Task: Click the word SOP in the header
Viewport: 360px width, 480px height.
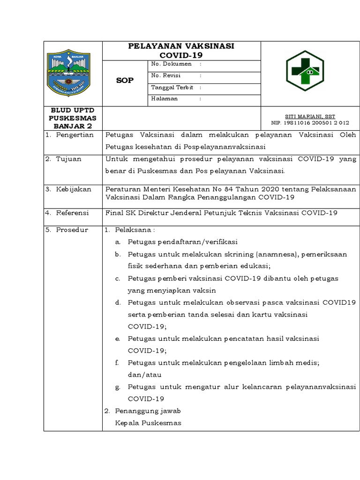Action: pyautogui.click(x=125, y=80)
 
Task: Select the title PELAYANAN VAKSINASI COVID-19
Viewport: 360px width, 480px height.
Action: pyautogui.click(x=181, y=51)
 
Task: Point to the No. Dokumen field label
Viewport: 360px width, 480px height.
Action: pyautogui.click(x=171, y=64)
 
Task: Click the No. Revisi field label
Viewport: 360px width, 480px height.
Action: pyautogui.click(x=166, y=75)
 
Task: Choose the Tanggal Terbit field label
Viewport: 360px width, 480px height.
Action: pyautogui.click(x=172, y=87)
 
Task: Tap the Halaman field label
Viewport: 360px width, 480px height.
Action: pyautogui.click(x=164, y=98)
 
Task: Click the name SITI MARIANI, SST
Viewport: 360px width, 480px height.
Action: pyautogui.click(x=310, y=116)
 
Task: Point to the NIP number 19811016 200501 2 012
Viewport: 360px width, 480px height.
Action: pyautogui.click(x=310, y=123)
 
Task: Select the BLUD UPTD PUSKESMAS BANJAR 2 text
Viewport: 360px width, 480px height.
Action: pyautogui.click(x=73, y=118)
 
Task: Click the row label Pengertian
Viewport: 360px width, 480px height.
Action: pyautogui.click(x=75, y=135)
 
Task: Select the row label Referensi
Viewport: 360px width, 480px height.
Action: pyautogui.click(x=72, y=213)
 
